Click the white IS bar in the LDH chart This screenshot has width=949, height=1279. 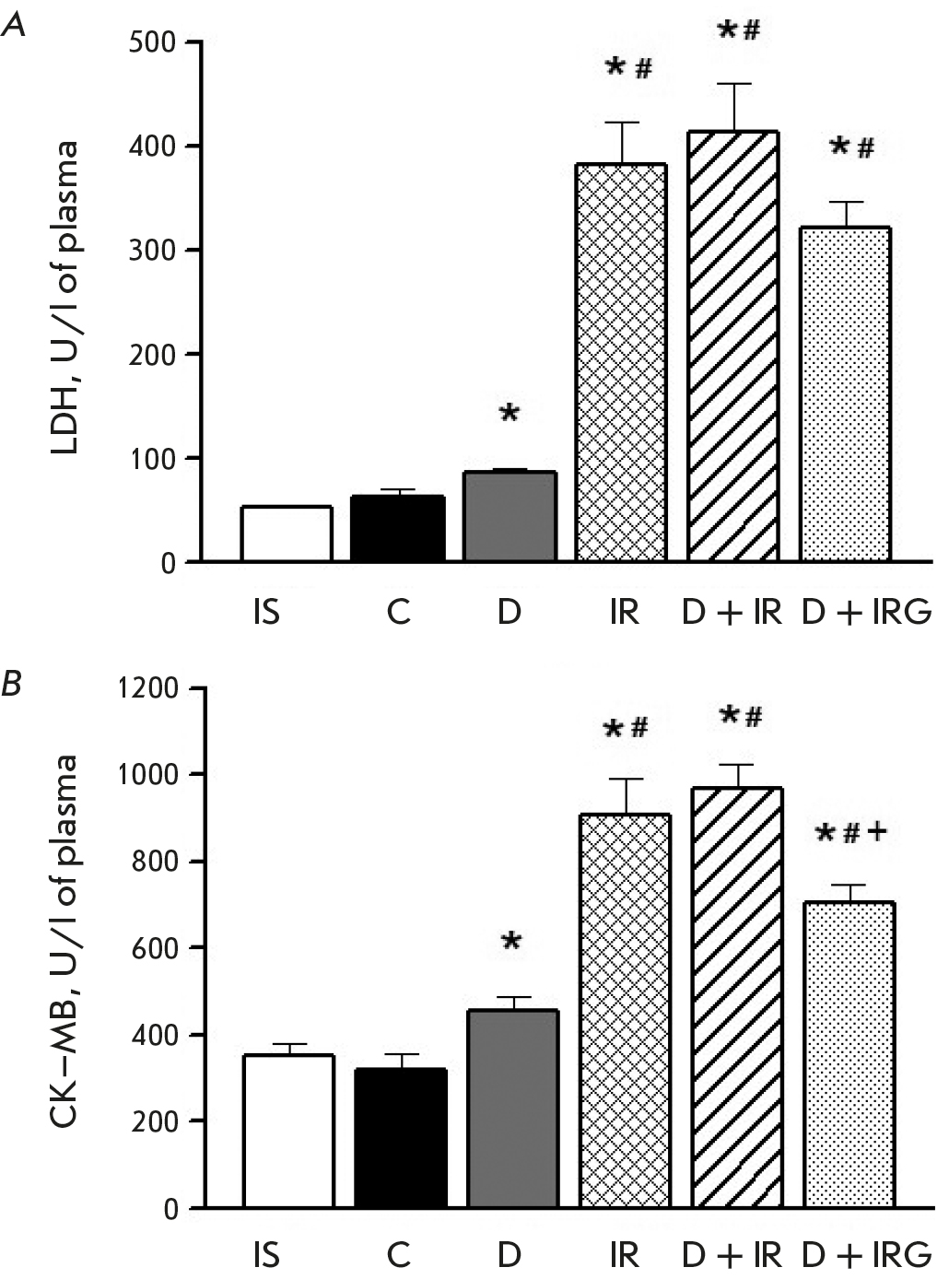[287, 534]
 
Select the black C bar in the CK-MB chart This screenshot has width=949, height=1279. [400, 1138]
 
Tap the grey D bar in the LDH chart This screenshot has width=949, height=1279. [510, 516]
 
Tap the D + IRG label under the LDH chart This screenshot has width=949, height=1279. [865, 612]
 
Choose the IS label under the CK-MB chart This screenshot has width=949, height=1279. [266, 1254]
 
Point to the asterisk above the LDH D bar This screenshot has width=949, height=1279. [510, 413]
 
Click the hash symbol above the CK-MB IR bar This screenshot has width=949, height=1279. [639, 729]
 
